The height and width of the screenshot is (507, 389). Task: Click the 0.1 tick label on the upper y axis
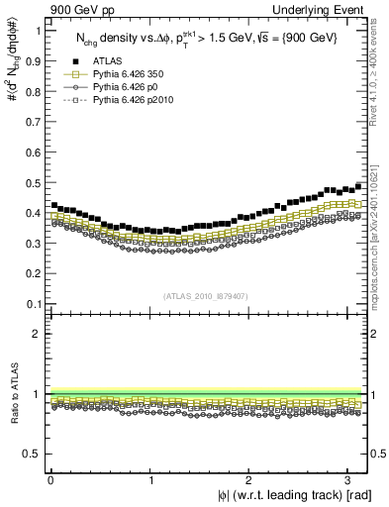[x=32, y=304]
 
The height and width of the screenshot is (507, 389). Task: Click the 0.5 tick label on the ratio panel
[x=32, y=455]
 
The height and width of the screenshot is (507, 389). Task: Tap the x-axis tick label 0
[x=50, y=479]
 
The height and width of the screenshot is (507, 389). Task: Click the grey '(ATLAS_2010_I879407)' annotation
[x=206, y=294]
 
